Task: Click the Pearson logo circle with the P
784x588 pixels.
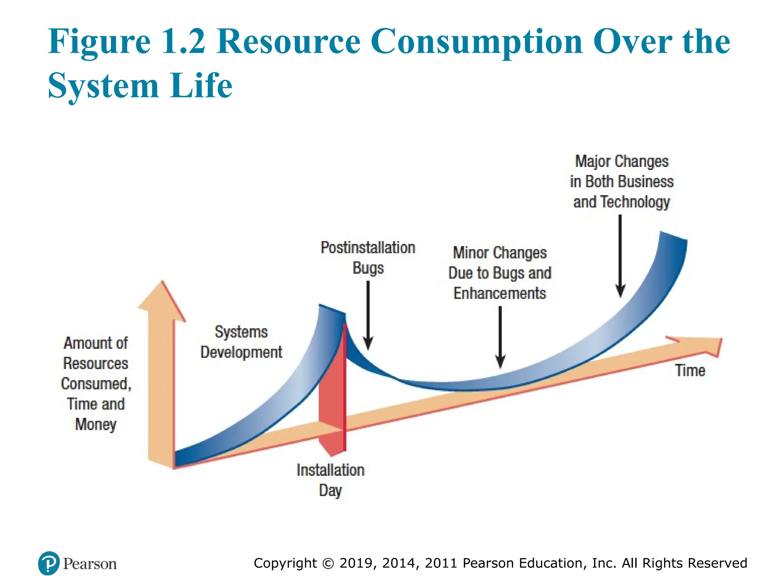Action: click(x=49, y=563)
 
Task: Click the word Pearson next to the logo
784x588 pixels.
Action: click(x=90, y=564)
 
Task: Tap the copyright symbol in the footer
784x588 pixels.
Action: click(x=328, y=563)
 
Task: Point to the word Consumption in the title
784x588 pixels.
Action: click(x=477, y=42)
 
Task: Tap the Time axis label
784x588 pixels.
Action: click(x=690, y=371)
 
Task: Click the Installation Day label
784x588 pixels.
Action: click(x=330, y=480)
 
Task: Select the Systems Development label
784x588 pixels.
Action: click(x=241, y=342)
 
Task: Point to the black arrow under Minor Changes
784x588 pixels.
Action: click(x=500, y=336)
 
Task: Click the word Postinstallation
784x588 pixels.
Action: click(x=367, y=248)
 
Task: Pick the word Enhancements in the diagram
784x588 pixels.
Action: click(x=500, y=294)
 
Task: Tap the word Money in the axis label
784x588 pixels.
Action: click(x=96, y=425)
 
